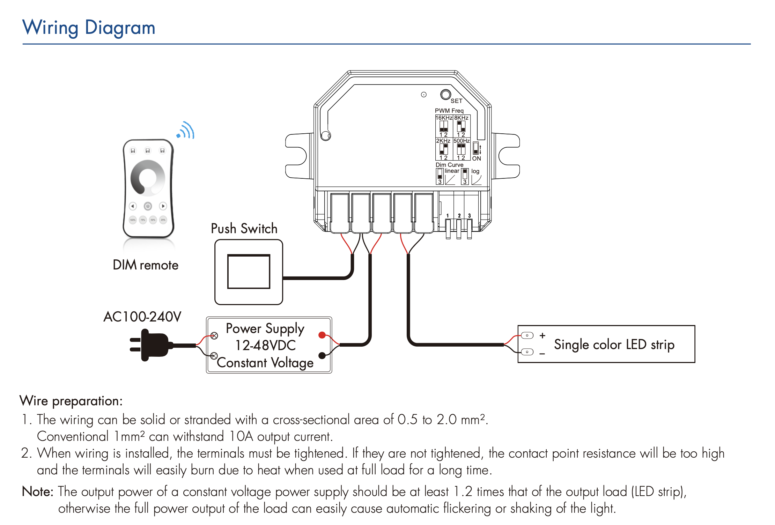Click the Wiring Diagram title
point(89,28)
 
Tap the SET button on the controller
point(445,94)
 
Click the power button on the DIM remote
point(148,206)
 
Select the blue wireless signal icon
point(186,131)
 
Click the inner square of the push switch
point(249,272)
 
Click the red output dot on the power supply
point(322,335)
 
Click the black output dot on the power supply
point(322,356)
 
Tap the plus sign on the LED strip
point(542,335)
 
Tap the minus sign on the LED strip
point(542,354)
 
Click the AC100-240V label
point(142,317)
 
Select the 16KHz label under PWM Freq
point(444,118)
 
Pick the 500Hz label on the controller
point(462,141)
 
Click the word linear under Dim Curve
point(452,171)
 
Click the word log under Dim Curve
point(475,171)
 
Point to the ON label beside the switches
point(477,158)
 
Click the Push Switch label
point(244,229)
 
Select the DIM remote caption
point(146,265)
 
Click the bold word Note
point(37,491)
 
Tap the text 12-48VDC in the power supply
point(265,345)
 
